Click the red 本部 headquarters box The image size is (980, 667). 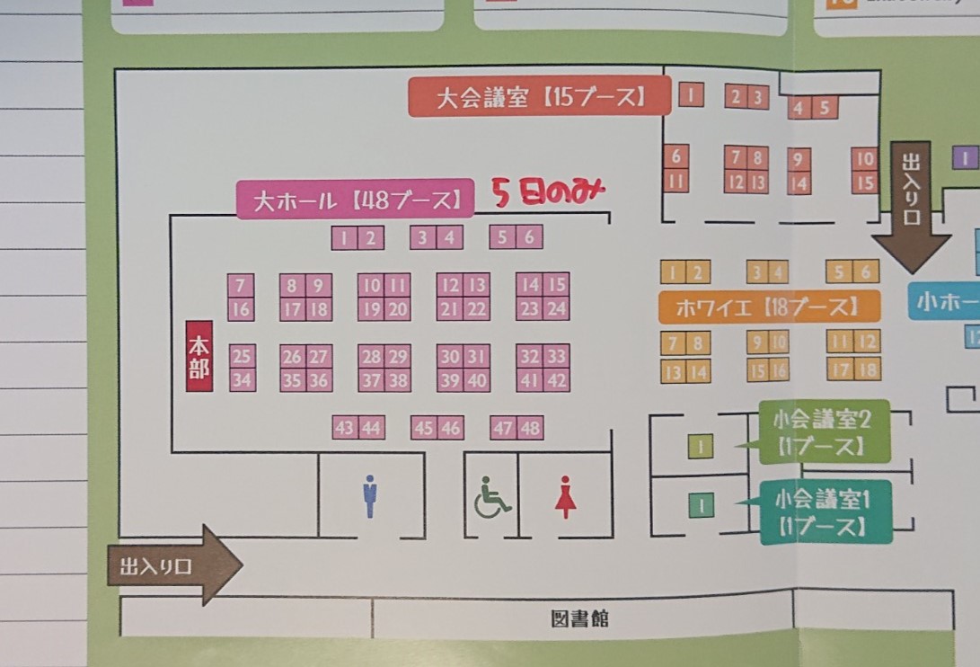tap(199, 356)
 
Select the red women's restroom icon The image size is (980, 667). tap(565, 497)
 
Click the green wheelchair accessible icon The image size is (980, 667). tap(491, 497)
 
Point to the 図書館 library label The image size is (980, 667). tap(579, 618)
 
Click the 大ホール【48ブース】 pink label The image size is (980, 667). tap(354, 200)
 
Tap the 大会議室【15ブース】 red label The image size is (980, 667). tap(540, 97)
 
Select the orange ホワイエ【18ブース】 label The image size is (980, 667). tap(769, 307)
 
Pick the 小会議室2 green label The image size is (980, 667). tap(824, 431)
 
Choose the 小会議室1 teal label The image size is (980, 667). tap(825, 511)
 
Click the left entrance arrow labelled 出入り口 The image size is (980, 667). tap(174, 565)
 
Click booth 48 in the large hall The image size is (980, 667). tap(531, 429)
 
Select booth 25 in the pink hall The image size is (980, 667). tap(241, 356)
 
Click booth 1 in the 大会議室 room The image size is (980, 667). tap(691, 94)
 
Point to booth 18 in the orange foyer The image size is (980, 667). tap(867, 369)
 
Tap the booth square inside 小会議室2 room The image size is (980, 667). tap(700, 446)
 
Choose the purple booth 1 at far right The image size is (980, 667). tap(965, 159)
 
